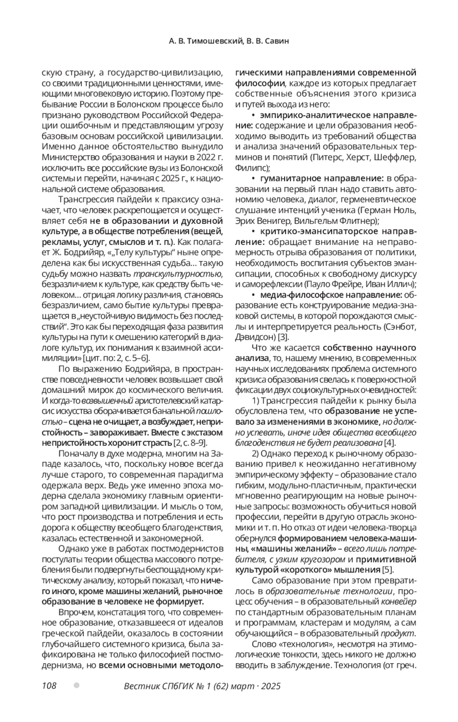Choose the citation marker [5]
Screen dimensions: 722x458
(388, 570)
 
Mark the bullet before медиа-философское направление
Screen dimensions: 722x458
(254, 295)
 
